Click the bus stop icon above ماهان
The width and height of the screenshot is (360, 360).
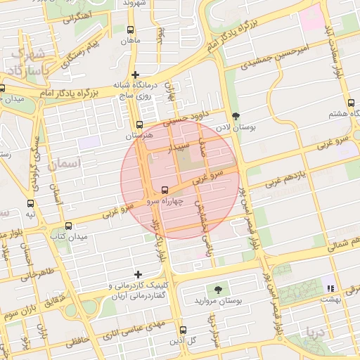coord(130,30)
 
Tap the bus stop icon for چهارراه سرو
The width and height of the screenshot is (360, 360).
coord(165,190)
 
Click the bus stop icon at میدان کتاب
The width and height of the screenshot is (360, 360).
coord(68,226)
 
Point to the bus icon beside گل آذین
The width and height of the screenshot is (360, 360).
coord(183,330)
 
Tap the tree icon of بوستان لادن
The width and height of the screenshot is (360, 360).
coord(235,117)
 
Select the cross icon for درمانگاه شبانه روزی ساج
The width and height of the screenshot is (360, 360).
coord(136,74)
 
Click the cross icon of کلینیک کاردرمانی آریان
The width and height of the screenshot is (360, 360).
coord(138,274)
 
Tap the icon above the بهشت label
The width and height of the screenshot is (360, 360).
coord(329,288)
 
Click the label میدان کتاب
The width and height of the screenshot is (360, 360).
coord(68,236)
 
